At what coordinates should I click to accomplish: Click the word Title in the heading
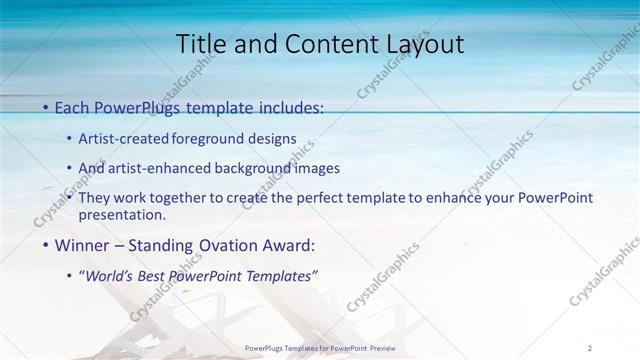[198, 45]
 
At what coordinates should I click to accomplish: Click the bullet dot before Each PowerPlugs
[46, 106]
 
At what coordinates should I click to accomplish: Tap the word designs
[276, 138]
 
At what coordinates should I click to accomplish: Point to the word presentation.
[128, 214]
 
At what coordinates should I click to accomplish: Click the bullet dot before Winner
[46, 245]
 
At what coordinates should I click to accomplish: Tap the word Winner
[81, 245]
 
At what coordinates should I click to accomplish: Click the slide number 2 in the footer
[590, 347]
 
